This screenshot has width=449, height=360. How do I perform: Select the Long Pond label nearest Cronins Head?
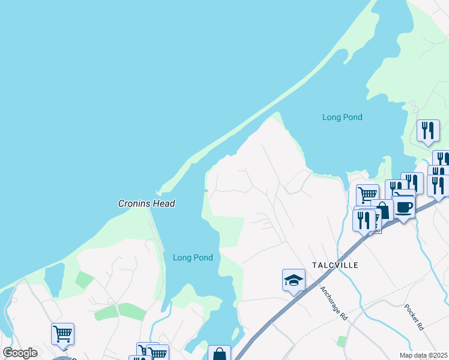193,258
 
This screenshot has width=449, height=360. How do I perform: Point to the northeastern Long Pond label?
342,118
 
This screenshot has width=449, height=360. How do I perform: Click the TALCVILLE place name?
335,265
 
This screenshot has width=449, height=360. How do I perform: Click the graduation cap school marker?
294,280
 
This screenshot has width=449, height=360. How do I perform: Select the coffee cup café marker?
404,207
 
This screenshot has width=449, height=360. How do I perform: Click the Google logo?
20,353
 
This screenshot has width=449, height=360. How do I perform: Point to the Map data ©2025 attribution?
423,355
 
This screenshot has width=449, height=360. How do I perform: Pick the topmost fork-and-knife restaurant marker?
428,130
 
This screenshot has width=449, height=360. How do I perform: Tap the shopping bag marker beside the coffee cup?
382,211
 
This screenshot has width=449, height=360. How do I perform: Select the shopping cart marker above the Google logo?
62,334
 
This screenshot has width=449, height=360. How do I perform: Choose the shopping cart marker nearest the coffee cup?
367,194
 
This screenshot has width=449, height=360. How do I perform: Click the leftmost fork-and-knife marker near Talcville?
363,220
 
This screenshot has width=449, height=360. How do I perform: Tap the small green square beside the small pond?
84,280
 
